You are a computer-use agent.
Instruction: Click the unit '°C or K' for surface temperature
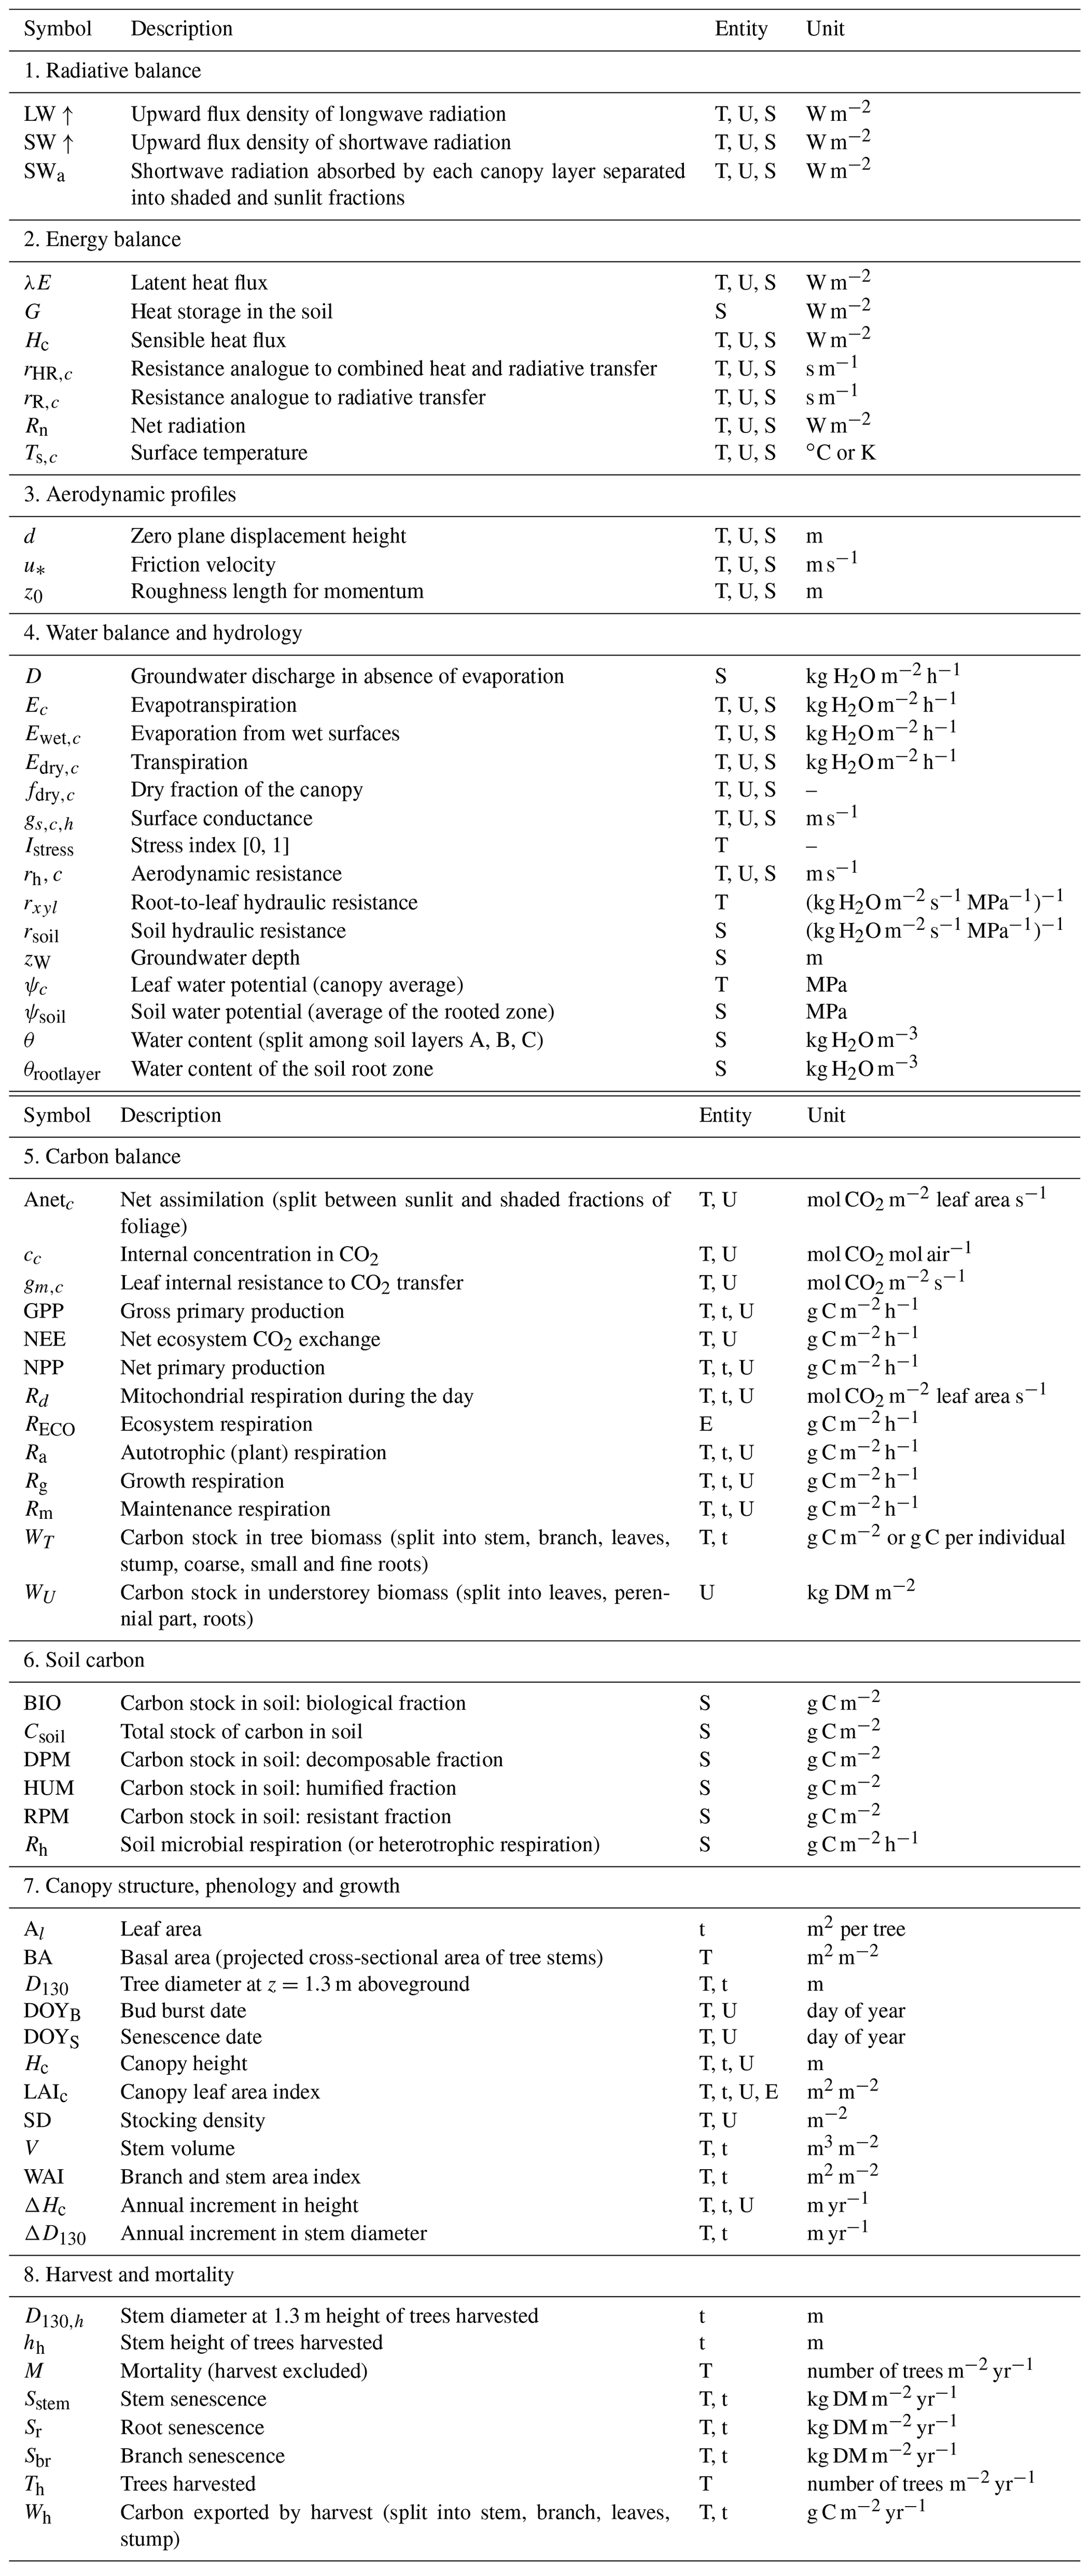(841, 453)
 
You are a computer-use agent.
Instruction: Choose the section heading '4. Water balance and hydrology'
(163, 633)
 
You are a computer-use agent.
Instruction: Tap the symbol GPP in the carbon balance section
(44, 1312)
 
